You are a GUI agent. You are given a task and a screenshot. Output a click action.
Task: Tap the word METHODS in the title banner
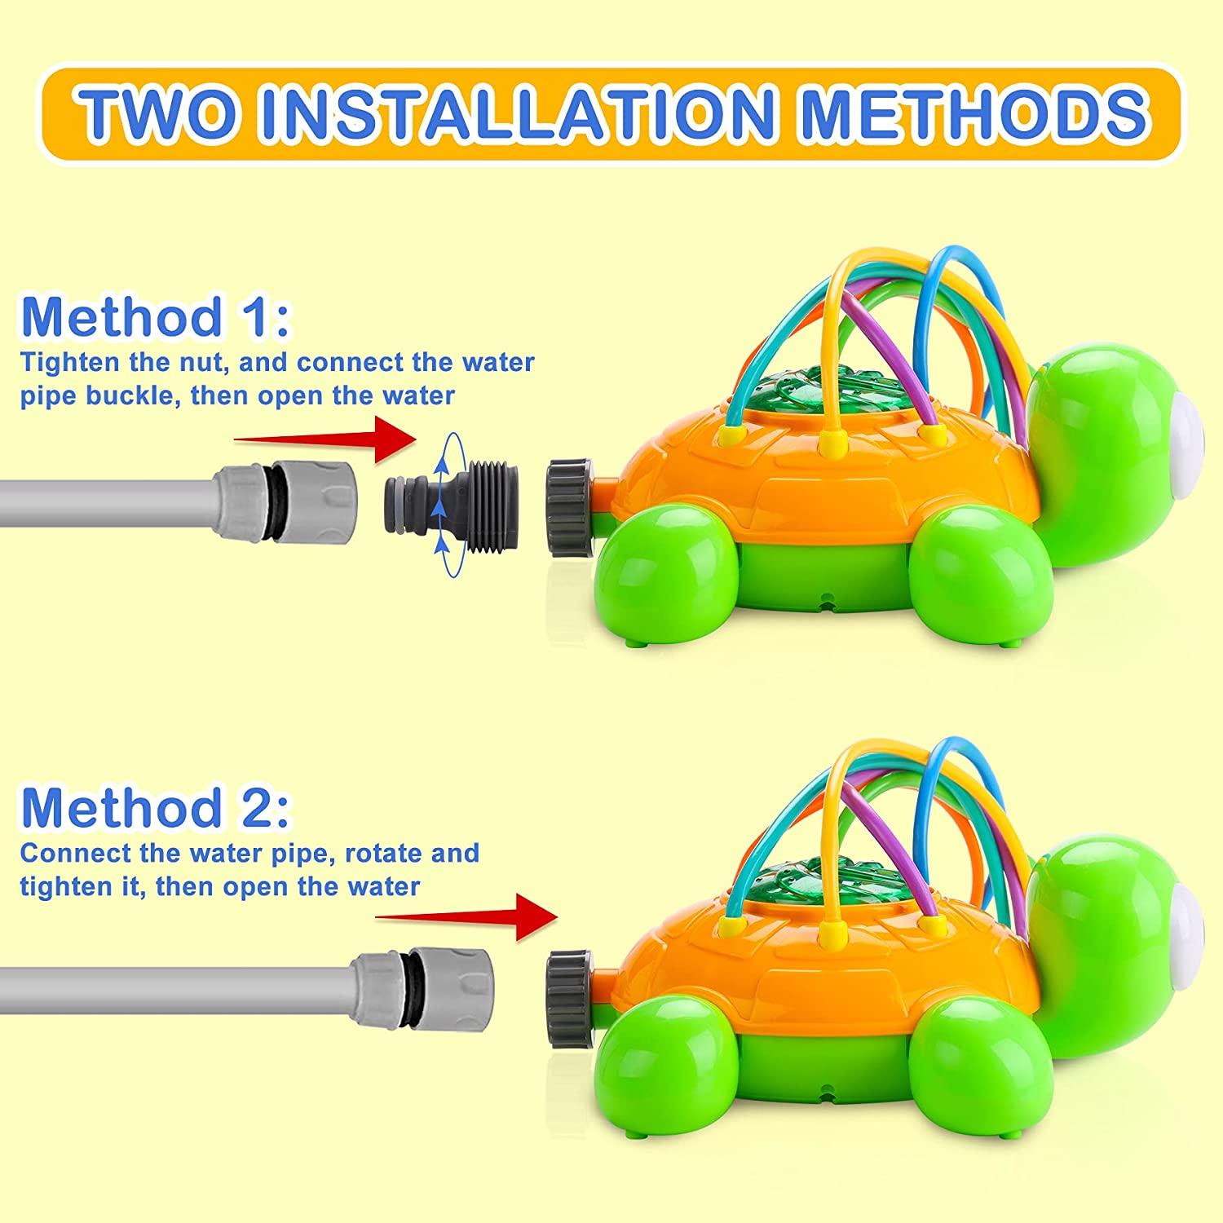(975, 114)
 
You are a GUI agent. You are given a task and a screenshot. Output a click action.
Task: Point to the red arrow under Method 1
(325, 439)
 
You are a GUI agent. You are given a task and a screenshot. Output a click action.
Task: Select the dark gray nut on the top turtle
(571, 507)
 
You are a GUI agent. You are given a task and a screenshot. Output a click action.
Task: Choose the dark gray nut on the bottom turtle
(571, 998)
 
